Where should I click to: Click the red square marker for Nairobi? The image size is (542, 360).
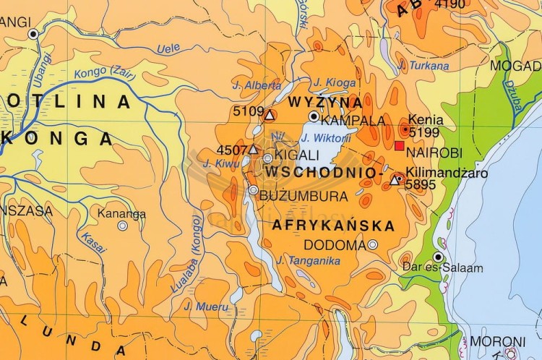[399, 145]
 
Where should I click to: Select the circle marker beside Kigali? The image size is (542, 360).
[268, 158]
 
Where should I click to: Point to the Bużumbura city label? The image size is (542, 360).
[293, 196]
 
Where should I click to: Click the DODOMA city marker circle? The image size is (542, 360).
[373, 244]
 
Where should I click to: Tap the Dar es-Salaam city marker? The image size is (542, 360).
[438, 257]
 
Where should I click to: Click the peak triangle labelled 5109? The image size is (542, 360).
[269, 115]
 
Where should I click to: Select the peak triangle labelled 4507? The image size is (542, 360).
[253, 150]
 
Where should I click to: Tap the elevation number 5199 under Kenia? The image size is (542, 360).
[423, 132]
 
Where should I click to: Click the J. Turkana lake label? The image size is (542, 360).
[423, 66]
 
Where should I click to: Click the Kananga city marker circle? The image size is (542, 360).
[123, 226]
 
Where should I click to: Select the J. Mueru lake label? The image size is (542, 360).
[207, 307]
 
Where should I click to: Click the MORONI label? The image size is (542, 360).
[498, 341]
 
